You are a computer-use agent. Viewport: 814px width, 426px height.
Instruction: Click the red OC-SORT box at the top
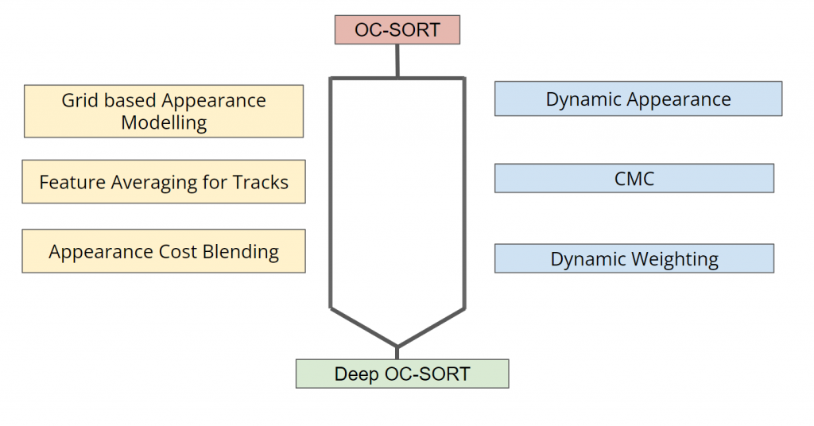397,29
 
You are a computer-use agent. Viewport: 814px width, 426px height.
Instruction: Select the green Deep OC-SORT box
402,374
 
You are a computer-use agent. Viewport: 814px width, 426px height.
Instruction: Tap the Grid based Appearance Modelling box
164,111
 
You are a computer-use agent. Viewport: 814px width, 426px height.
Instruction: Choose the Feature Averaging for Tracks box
164,182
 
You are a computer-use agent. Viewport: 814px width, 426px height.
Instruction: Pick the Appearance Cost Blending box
164,251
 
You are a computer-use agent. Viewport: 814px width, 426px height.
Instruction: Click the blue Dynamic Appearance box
638,99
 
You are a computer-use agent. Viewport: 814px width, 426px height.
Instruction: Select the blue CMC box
634,179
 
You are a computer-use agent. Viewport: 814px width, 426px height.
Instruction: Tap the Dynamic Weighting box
634,258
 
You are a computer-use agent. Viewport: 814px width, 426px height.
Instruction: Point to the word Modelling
164,123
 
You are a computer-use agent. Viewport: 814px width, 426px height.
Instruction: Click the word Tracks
260,182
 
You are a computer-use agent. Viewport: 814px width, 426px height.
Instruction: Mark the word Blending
240,252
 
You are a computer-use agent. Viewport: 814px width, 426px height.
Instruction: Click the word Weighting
675,259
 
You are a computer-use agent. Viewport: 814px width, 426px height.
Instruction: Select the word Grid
79,100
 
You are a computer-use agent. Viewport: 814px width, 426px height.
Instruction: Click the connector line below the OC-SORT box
397,61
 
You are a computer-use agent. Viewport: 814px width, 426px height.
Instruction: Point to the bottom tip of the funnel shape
397,347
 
